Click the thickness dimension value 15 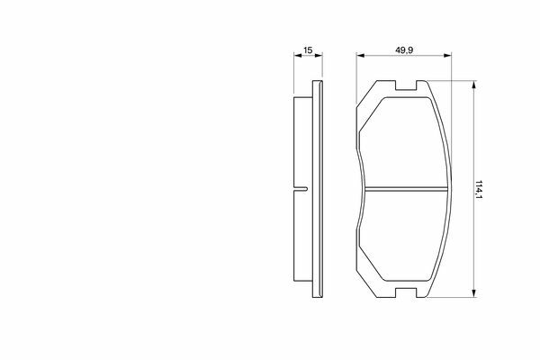[308, 50]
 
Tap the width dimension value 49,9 [403, 50]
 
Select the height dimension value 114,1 [479, 189]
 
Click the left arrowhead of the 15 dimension [297, 55]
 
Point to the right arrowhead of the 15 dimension [319, 55]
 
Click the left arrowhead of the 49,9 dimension [360, 55]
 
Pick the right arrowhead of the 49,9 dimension [447, 55]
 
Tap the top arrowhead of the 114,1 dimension [474, 85]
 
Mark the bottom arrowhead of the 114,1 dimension [474, 293]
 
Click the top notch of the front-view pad [406, 85]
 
